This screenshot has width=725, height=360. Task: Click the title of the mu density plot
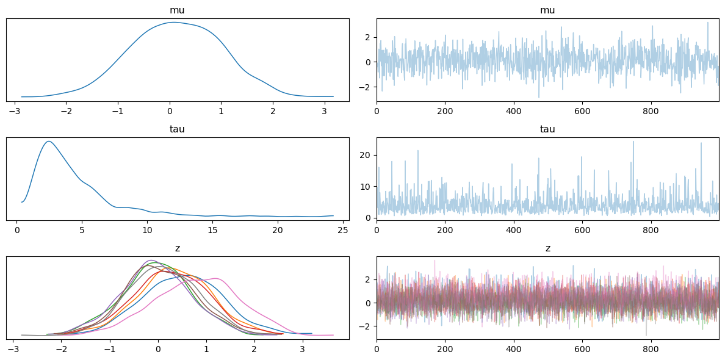[x=178, y=10]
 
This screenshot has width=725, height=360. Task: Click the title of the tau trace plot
[x=547, y=129]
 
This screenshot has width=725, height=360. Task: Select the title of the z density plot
[x=178, y=248]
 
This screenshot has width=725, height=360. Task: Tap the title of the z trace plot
[x=547, y=248]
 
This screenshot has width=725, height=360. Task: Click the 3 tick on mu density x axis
[x=324, y=111]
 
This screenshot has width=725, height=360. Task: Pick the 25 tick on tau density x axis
[x=342, y=230]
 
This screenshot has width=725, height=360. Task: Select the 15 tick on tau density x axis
[x=212, y=230]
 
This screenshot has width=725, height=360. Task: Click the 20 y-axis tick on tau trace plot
[x=367, y=155]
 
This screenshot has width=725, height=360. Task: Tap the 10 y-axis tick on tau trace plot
[x=367, y=186]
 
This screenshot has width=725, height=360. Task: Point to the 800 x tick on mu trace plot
[x=651, y=111]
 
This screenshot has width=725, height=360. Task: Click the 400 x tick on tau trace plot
[x=514, y=230]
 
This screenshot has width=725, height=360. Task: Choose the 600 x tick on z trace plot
[x=583, y=349]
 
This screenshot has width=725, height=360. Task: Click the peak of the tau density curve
[x=48, y=142]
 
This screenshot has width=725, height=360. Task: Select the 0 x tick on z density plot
[x=158, y=349]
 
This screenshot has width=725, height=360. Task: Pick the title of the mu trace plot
[x=547, y=10]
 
